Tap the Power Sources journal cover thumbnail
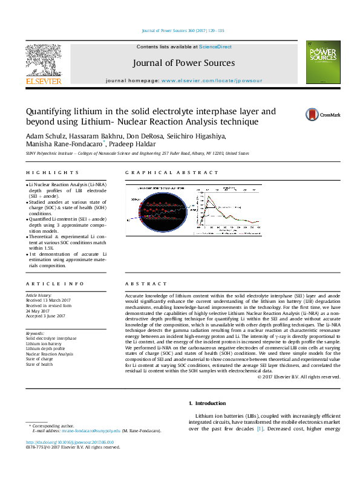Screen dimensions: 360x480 pyautogui.click(x=321, y=62)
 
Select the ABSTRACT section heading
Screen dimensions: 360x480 pyautogui.click(x=146, y=284)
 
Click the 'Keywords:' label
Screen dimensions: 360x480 pyautogui.click(x=35, y=333)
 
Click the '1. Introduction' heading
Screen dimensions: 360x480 pyautogui.click(x=209, y=403)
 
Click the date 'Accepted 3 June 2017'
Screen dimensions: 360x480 pyautogui.click(x=47, y=316)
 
